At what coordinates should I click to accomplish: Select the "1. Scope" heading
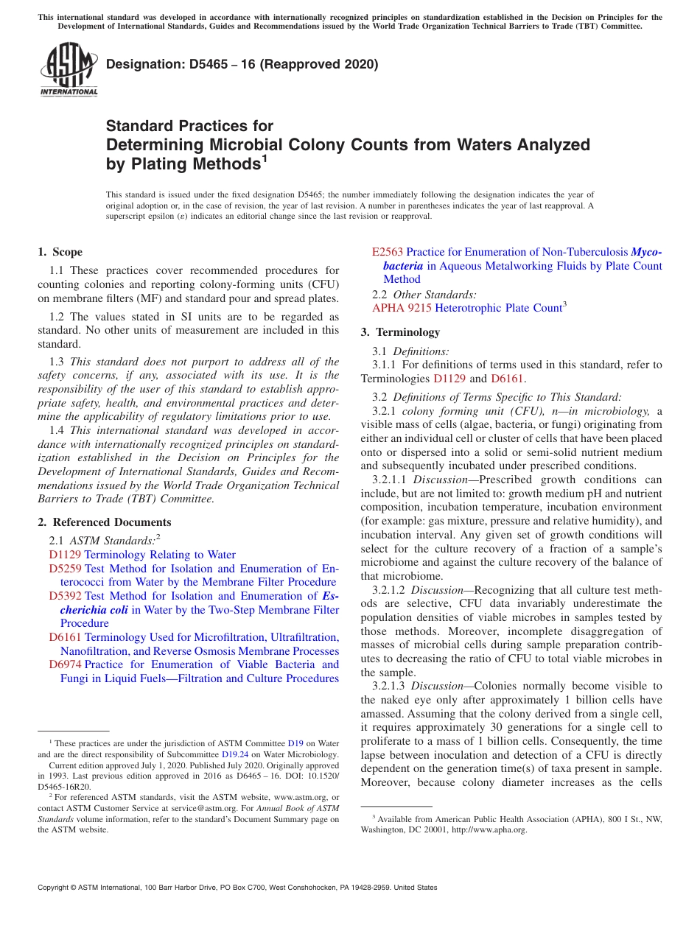[60, 252]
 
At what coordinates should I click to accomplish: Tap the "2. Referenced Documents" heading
[104, 522]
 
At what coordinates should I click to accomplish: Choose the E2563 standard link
[388, 252]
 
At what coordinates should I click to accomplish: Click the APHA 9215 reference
[402, 308]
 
